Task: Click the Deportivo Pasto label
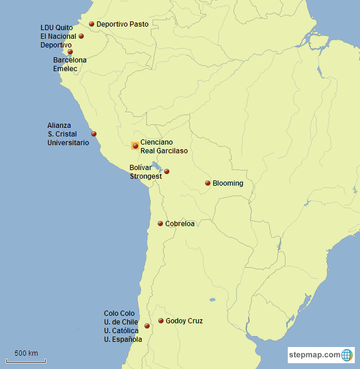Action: pos(122,24)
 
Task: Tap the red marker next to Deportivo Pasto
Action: pos(91,24)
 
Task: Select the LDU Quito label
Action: pos(56,27)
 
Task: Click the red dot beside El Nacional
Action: pos(81,36)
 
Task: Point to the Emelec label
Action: pos(65,68)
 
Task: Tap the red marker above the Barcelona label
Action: pos(70,51)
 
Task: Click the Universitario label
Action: pos(68,142)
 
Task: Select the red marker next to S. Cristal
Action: pos(94,134)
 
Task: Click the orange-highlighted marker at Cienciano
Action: pos(135,146)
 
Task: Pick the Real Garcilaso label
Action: pos(164,151)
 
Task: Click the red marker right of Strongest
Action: pos(166,171)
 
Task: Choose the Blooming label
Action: pos(228,183)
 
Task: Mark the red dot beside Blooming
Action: pos(207,183)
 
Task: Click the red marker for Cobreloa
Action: pos(160,224)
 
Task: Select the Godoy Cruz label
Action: pos(184,321)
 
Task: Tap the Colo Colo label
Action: pos(119,313)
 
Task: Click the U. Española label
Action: pos(123,340)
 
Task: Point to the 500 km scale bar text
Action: pos(26,353)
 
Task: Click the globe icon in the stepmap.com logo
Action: pos(347,355)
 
